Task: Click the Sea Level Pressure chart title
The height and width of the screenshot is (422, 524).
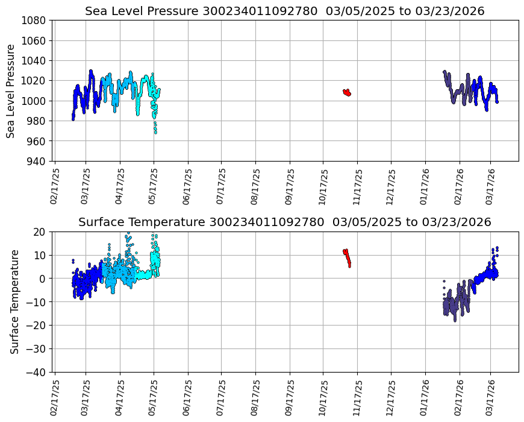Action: (x=284, y=11)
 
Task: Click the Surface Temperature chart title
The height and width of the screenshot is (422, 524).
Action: (x=284, y=222)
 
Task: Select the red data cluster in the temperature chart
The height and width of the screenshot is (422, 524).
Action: (x=347, y=257)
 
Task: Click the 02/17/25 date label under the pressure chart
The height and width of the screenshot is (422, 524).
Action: (x=54, y=187)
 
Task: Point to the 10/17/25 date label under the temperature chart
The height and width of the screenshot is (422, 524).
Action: (x=323, y=398)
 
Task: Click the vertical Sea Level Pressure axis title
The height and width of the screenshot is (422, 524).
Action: (x=11, y=90)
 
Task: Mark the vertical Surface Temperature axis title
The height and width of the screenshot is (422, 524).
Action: (x=14, y=301)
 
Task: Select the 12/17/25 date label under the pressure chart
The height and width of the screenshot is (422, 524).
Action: (x=390, y=187)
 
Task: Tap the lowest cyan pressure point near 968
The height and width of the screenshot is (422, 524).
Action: (x=155, y=131)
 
